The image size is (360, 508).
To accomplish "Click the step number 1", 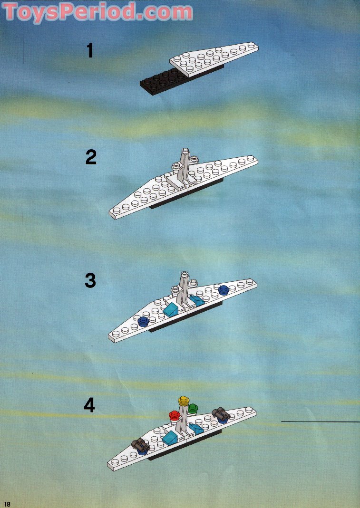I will pyautogui.click(x=90, y=50).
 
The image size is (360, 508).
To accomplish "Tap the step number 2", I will pyautogui.click(x=91, y=157).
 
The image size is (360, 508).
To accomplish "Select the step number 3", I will pyautogui.click(x=90, y=281).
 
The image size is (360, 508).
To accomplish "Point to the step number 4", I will pyautogui.click(x=89, y=405).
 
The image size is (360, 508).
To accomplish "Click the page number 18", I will pyautogui.click(x=7, y=504).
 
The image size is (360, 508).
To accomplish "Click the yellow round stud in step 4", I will pyautogui.click(x=183, y=401).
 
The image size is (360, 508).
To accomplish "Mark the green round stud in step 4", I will pyautogui.click(x=192, y=408).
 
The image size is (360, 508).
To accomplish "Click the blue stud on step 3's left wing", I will pyautogui.click(x=142, y=322).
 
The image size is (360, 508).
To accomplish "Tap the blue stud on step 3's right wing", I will pyautogui.click(x=224, y=289).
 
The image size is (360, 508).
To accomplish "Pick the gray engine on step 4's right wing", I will pyautogui.click(x=221, y=414).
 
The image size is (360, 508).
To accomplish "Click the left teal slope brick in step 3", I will pyautogui.click(x=171, y=309).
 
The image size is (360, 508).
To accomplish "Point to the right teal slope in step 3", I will pyautogui.click(x=195, y=300).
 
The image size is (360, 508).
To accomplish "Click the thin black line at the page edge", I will pyautogui.click(x=320, y=422).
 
